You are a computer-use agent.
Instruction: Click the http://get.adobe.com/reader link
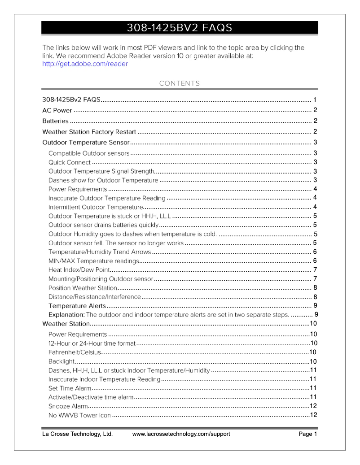pyautogui.click(x=85, y=64)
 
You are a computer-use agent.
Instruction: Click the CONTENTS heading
pyautogui.click(x=180, y=83)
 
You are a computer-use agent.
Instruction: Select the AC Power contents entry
pyautogui.click(x=57, y=110)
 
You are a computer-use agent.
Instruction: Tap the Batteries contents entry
pyautogui.click(x=55, y=121)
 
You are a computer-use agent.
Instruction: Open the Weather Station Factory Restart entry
pyautogui.click(x=89, y=132)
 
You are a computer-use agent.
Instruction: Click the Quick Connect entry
pyautogui.click(x=70, y=162)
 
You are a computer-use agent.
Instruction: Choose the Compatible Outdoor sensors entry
pyautogui.click(x=89, y=153)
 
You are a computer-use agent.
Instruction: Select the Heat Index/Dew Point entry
pyautogui.click(x=79, y=270)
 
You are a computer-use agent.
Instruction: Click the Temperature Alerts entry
pyautogui.click(x=77, y=306)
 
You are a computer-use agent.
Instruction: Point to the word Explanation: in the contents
pyautogui.click(x=66, y=315)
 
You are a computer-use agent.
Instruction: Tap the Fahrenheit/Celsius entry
pyautogui.click(x=75, y=352)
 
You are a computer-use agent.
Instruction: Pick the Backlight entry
pyautogui.click(x=61, y=361)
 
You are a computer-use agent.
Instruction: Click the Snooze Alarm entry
pyautogui.click(x=68, y=406)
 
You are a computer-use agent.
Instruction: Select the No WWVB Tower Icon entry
pyautogui.click(x=79, y=415)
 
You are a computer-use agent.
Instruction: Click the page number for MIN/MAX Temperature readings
pyautogui.click(x=315, y=261)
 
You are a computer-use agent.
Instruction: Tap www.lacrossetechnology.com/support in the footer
pyautogui.click(x=181, y=434)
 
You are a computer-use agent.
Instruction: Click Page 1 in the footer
pyautogui.click(x=308, y=434)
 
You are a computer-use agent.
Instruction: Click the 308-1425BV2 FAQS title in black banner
pyautogui.click(x=180, y=28)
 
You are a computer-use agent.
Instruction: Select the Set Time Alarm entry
pyautogui.click(x=70, y=388)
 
